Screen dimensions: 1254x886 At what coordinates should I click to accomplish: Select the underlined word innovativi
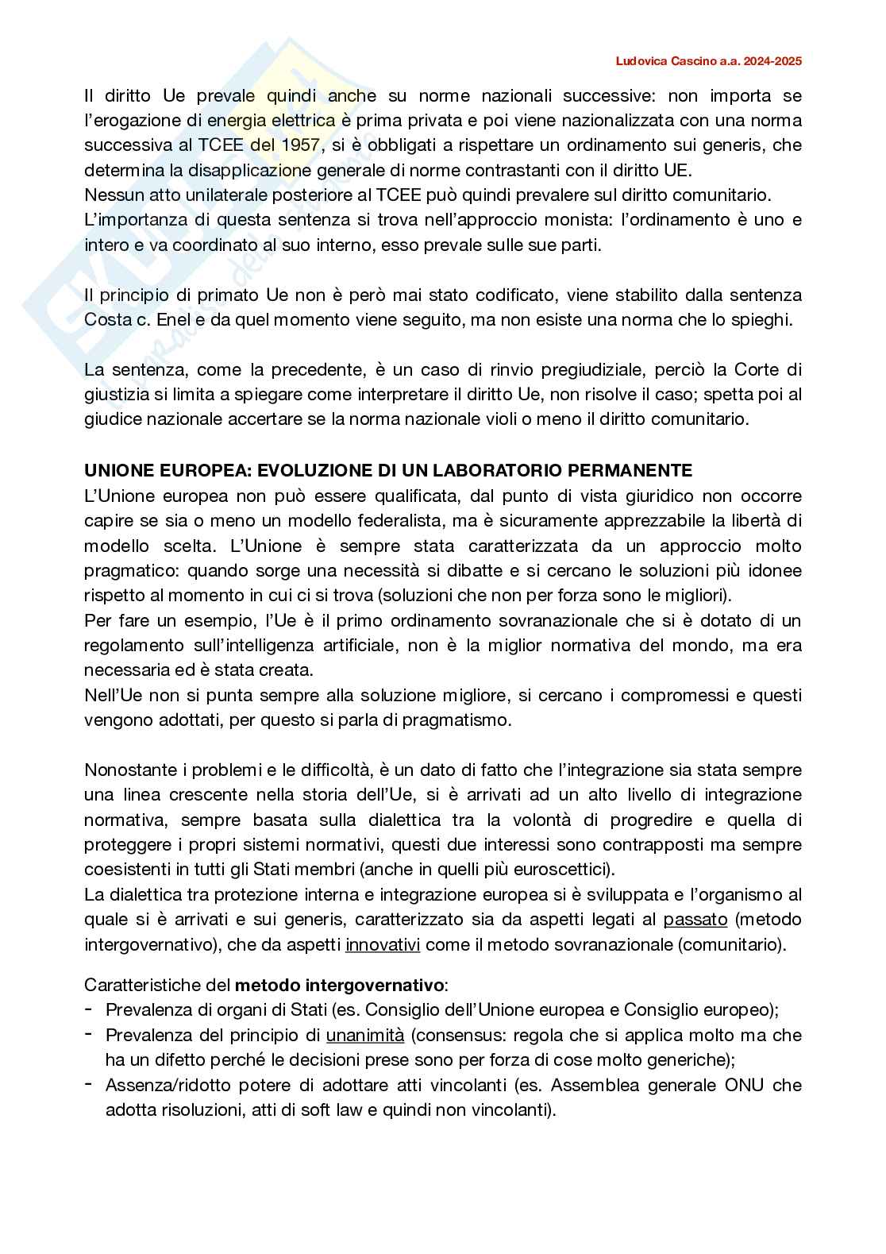point(383,945)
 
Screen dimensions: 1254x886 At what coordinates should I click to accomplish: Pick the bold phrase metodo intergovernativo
point(340,986)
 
